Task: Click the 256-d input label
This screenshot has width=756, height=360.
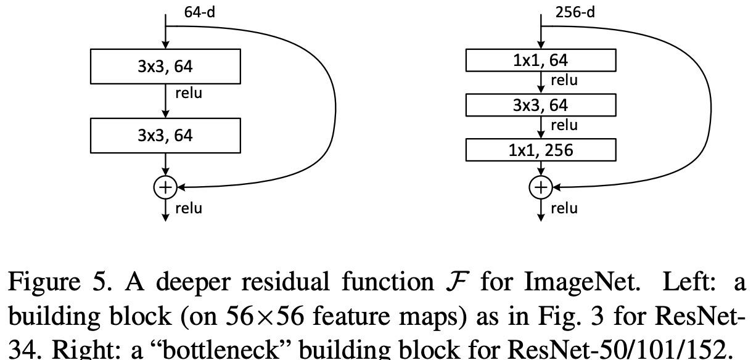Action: pos(575,12)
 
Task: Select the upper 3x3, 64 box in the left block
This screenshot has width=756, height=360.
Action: pos(165,67)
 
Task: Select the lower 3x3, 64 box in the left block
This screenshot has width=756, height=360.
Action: pos(165,135)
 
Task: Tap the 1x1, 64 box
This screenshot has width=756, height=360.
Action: pos(541,60)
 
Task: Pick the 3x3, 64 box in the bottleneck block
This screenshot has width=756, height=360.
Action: pos(541,105)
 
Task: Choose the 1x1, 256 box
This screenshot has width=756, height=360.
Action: pos(541,150)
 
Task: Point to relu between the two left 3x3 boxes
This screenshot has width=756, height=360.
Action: pos(189,94)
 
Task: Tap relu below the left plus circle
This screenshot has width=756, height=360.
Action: pos(189,208)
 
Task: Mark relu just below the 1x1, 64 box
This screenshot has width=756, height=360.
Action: pos(564,80)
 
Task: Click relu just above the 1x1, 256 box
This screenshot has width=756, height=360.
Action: pos(564,125)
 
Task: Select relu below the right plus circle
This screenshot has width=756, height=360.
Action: pos(564,208)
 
